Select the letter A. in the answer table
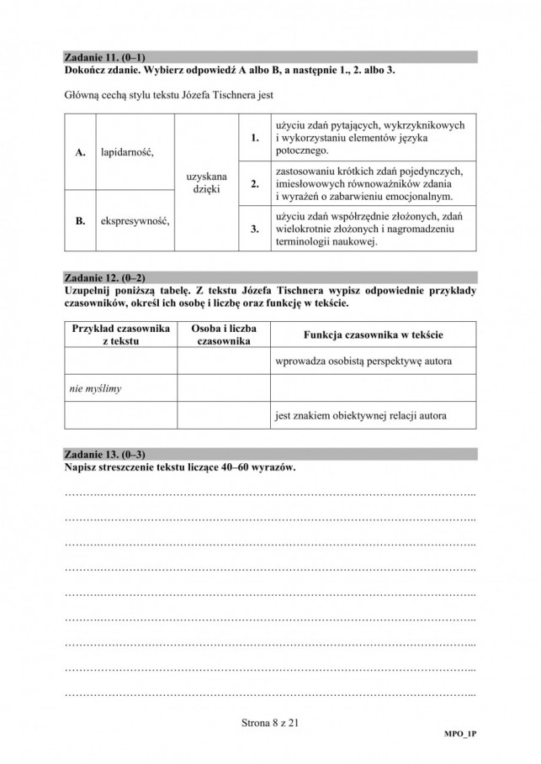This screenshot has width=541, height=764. pos(81,153)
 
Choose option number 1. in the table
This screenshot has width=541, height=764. pos(254,137)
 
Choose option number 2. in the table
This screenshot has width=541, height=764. pos(254,183)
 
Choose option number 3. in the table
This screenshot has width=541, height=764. pos(254,228)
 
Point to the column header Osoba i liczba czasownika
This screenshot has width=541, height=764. pos(223,335)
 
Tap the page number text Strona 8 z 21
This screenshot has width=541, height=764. pos(269,719)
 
